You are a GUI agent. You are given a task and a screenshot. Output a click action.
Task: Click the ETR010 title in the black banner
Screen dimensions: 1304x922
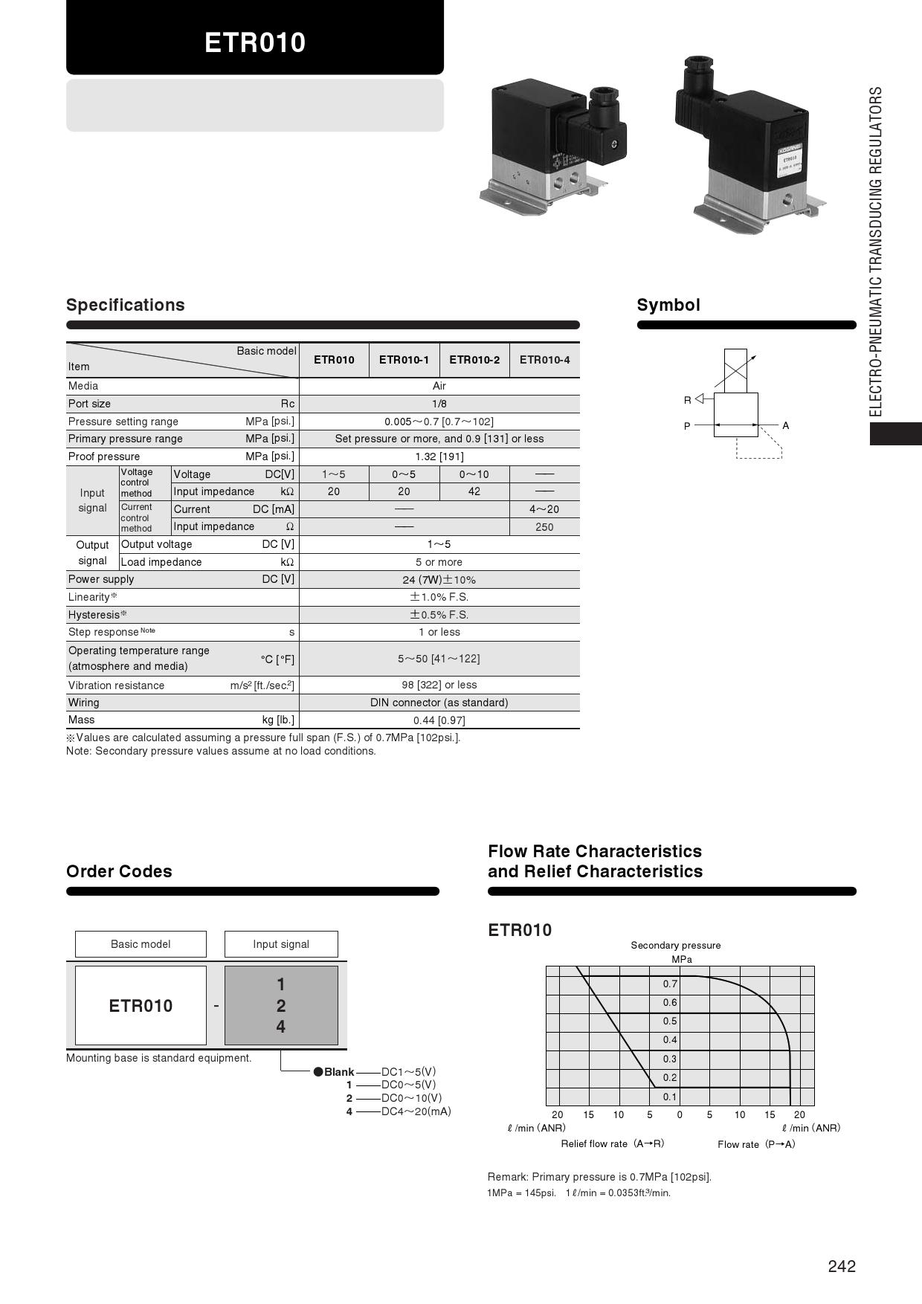pos(255,42)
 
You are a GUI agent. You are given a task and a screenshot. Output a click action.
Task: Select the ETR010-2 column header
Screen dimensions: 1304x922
pos(474,360)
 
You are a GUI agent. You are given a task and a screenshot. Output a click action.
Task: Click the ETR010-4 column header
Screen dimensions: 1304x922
pos(544,360)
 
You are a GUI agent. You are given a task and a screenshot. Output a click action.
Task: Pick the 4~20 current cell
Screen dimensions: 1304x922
pos(544,509)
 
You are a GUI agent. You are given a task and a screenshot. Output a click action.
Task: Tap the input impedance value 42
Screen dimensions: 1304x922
pos(474,491)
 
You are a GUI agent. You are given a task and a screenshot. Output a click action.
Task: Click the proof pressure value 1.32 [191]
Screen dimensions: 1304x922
pos(439,456)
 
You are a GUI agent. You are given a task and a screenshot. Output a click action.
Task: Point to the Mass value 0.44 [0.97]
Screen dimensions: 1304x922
pos(439,720)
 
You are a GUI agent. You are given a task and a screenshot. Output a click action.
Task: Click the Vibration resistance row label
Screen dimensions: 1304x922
pos(116,685)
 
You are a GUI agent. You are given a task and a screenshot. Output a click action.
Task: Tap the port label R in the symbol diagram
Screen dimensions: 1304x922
pos(687,400)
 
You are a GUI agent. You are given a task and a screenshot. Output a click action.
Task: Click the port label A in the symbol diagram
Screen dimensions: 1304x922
pos(786,426)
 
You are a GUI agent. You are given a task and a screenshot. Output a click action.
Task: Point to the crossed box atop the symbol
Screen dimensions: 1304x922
pos(735,370)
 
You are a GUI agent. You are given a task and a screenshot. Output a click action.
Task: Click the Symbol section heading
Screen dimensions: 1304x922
pos(668,305)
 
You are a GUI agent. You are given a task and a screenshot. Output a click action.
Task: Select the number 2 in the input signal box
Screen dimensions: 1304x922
pos(281,1006)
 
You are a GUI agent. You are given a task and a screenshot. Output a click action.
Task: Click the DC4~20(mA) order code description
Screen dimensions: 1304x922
pos(416,1111)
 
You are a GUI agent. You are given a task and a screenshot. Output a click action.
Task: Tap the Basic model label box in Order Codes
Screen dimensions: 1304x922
pos(141,944)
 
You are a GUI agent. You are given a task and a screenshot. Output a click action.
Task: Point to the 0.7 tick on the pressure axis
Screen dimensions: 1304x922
pos(670,984)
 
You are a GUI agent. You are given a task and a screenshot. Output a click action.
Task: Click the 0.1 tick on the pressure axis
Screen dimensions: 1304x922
pos(670,1097)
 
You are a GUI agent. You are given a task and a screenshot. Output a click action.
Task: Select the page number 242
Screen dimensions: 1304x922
pos(842,1266)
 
